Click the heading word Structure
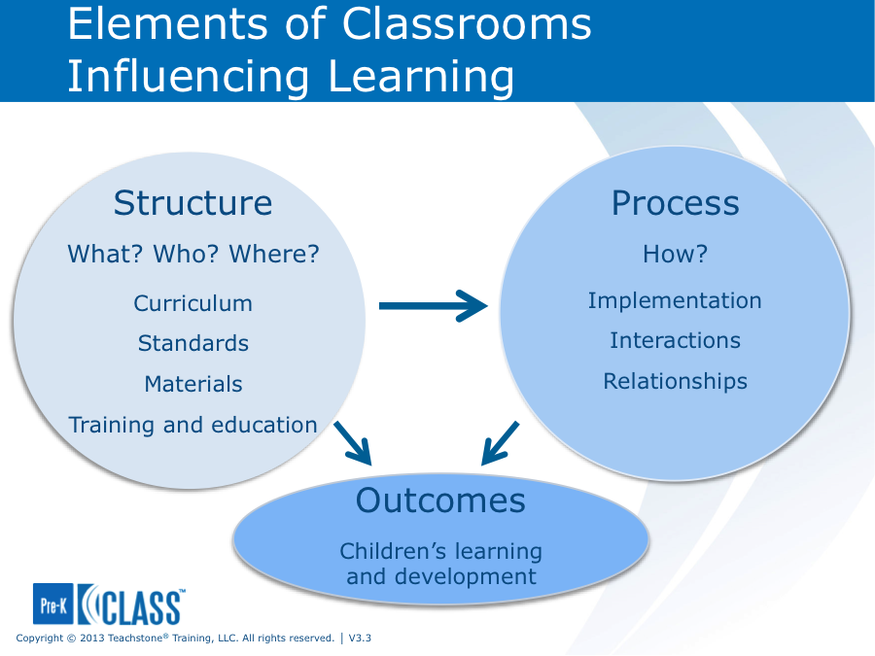tap(192, 203)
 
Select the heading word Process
tap(675, 203)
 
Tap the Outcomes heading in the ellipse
tap(440, 501)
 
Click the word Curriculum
tap(192, 303)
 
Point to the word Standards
tap(192, 343)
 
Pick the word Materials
tap(192, 384)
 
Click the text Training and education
tap(192, 425)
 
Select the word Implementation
tap(675, 301)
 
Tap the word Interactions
tap(675, 340)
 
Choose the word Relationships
tap(675, 381)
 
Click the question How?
tap(675, 255)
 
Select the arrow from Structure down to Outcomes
tap(354, 443)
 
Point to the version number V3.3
tap(361, 639)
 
